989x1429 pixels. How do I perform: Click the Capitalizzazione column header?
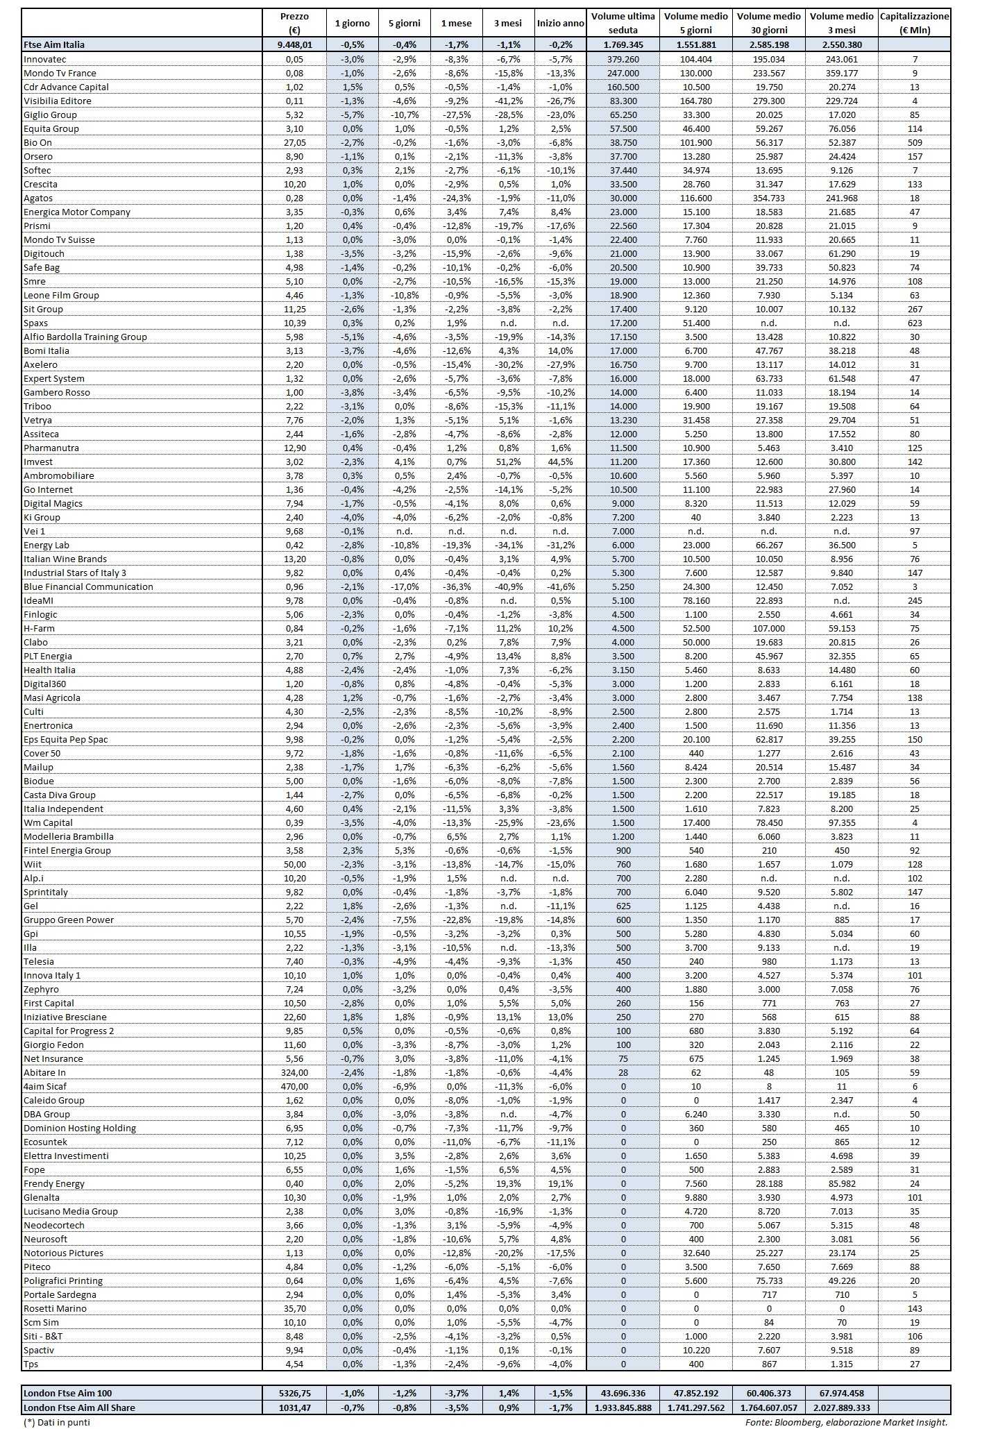pos(915,23)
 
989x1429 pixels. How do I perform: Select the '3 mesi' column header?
pos(508,23)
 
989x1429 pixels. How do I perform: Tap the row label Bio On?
pos(37,142)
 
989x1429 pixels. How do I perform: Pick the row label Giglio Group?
pos(50,115)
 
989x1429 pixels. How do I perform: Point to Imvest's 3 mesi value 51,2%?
pos(508,462)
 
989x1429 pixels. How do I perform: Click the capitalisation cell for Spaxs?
pos(915,323)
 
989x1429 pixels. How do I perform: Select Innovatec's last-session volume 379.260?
pos(623,59)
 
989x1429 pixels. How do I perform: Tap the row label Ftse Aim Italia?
pos(54,44)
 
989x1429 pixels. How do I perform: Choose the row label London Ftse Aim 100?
pos(67,1393)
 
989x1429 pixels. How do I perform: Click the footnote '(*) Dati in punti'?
pos(57,1422)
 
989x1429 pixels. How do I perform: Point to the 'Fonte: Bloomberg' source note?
pos(846,1422)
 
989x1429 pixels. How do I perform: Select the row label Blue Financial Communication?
pos(88,586)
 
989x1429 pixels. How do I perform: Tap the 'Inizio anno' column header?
pos(561,23)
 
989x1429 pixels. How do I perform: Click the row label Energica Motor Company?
pos(77,212)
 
